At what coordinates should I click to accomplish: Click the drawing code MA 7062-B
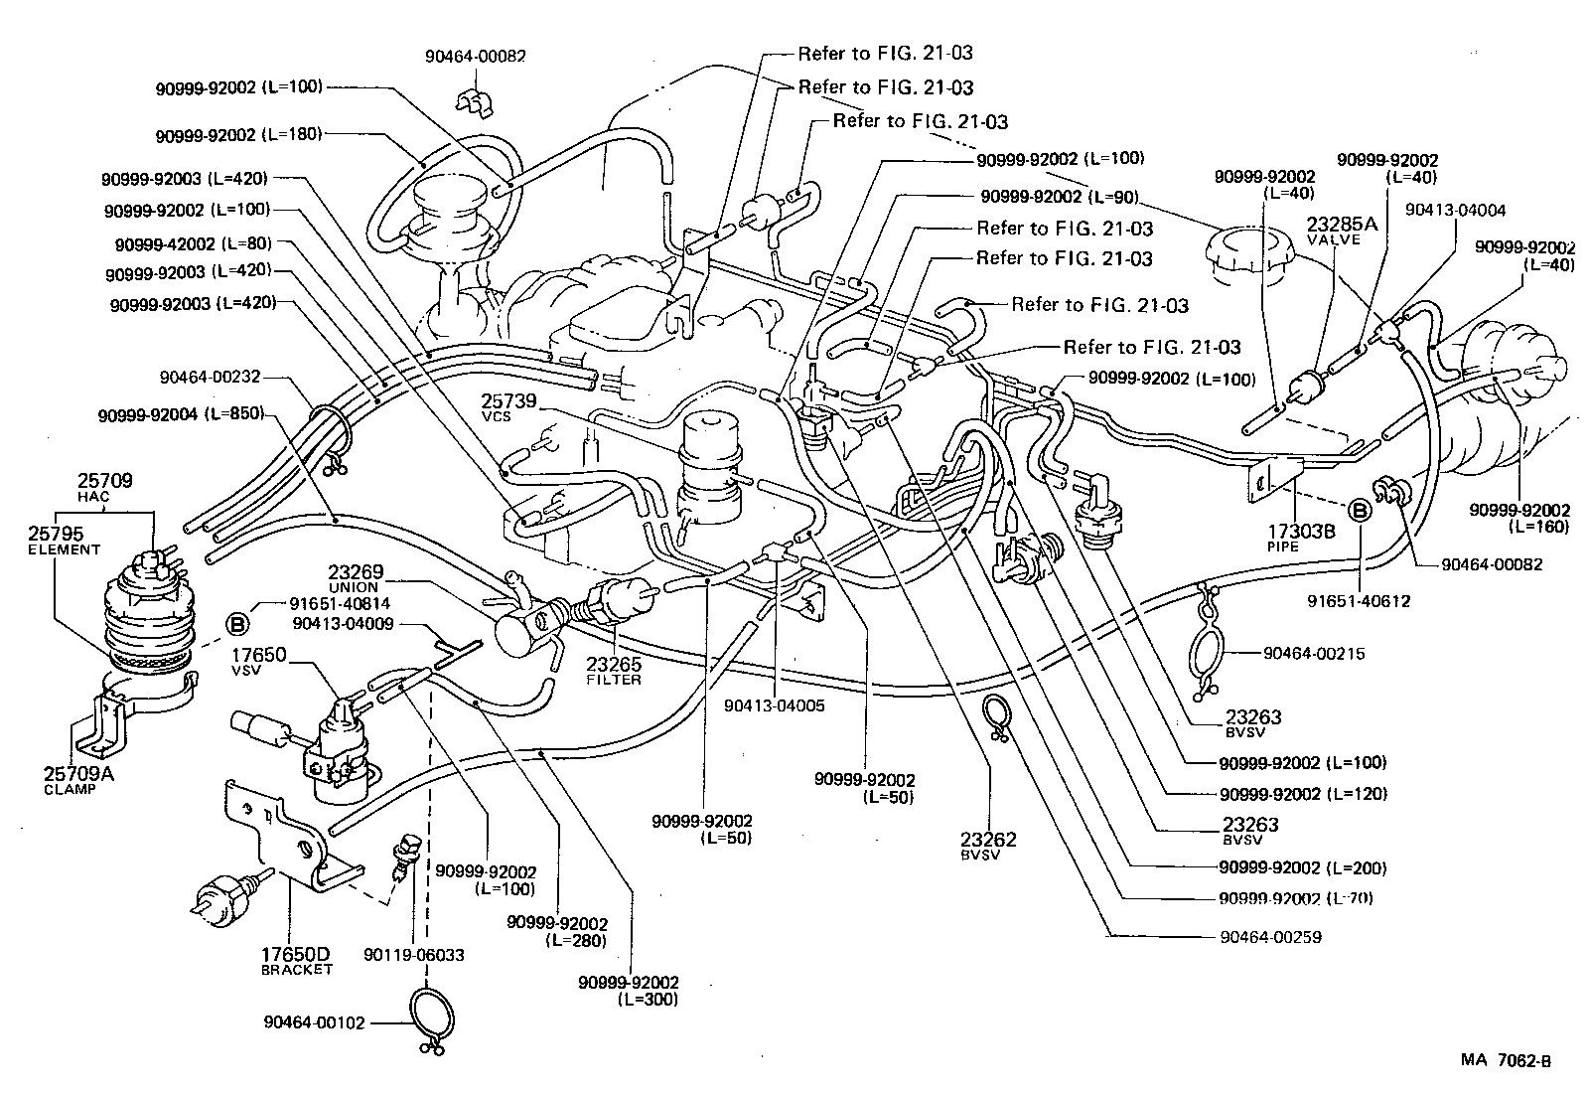1505,1060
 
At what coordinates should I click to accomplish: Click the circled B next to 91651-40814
238,624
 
